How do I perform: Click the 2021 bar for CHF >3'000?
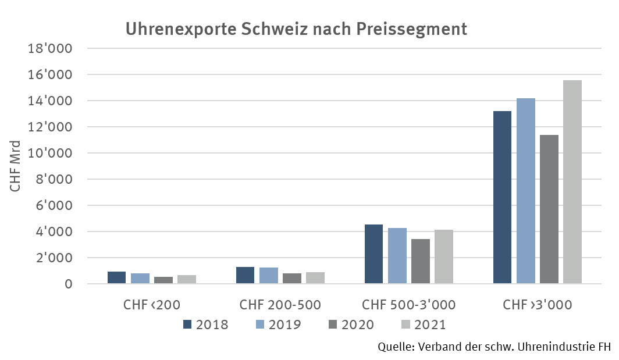pyautogui.click(x=572, y=182)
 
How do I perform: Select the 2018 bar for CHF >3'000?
pyautogui.click(x=502, y=197)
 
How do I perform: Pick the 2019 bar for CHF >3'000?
pyautogui.click(x=525, y=191)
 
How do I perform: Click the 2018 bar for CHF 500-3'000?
pyautogui.click(x=373, y=254)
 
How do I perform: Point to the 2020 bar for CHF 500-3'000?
pyautogui.click(x=420, y=261)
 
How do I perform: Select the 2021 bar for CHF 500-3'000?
pyautogui.click(x=443, y=256)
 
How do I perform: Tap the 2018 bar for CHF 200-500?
pyautogui.click(x=246, y=275)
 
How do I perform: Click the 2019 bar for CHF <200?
pyautogui.click(x=140, y=278)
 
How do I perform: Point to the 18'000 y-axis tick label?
pyautogui.click(x=50, y=48)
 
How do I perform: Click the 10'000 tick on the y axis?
pyautogui.click(x=50, y=153)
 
